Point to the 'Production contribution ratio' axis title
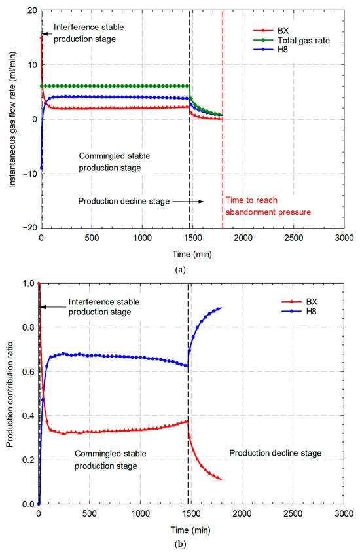11,394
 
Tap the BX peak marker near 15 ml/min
41,37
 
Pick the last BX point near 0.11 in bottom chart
221,479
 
